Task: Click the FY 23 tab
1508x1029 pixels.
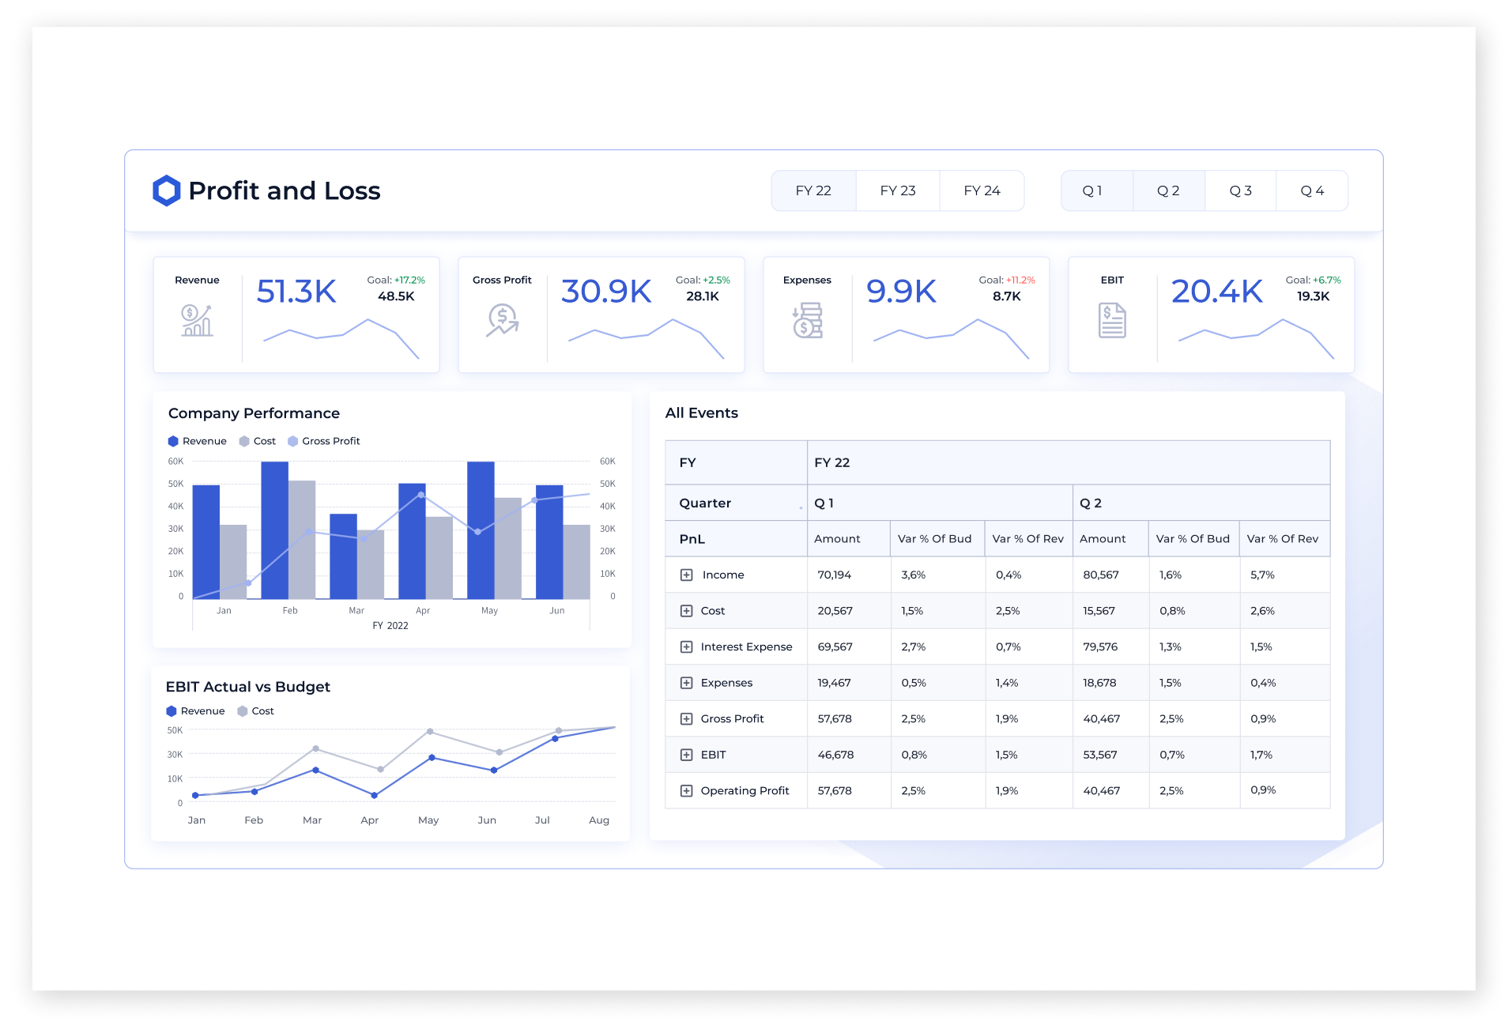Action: [897, 190]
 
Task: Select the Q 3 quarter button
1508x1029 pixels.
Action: [1240, 190]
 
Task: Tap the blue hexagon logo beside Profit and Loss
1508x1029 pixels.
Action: [166, 190]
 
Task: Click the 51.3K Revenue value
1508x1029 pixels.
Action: [296, 291]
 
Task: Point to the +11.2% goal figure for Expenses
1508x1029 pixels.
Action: [1020, 280]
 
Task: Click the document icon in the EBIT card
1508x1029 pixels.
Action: [1111, 320]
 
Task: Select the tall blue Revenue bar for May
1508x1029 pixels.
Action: [481, 530]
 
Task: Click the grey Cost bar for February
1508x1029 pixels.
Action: [302, 539]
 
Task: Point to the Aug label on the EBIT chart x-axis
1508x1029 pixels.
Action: [599, 820]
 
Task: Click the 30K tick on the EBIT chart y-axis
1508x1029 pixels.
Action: [175, 755]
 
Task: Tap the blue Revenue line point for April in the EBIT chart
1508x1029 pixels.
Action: [374, 795]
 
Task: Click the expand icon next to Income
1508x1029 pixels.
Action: [686, 575]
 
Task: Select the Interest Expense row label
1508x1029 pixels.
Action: [746, 646]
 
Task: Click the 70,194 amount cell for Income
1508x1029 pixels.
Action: [834, 575]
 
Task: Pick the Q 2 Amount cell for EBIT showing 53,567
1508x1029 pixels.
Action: [1099, 755]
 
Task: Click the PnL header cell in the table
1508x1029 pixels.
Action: [692, 539]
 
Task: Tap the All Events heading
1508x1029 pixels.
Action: [701, 413]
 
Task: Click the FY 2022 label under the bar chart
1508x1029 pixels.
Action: [390, 625]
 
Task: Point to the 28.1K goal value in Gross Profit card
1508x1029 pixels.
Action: [702, 296]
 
